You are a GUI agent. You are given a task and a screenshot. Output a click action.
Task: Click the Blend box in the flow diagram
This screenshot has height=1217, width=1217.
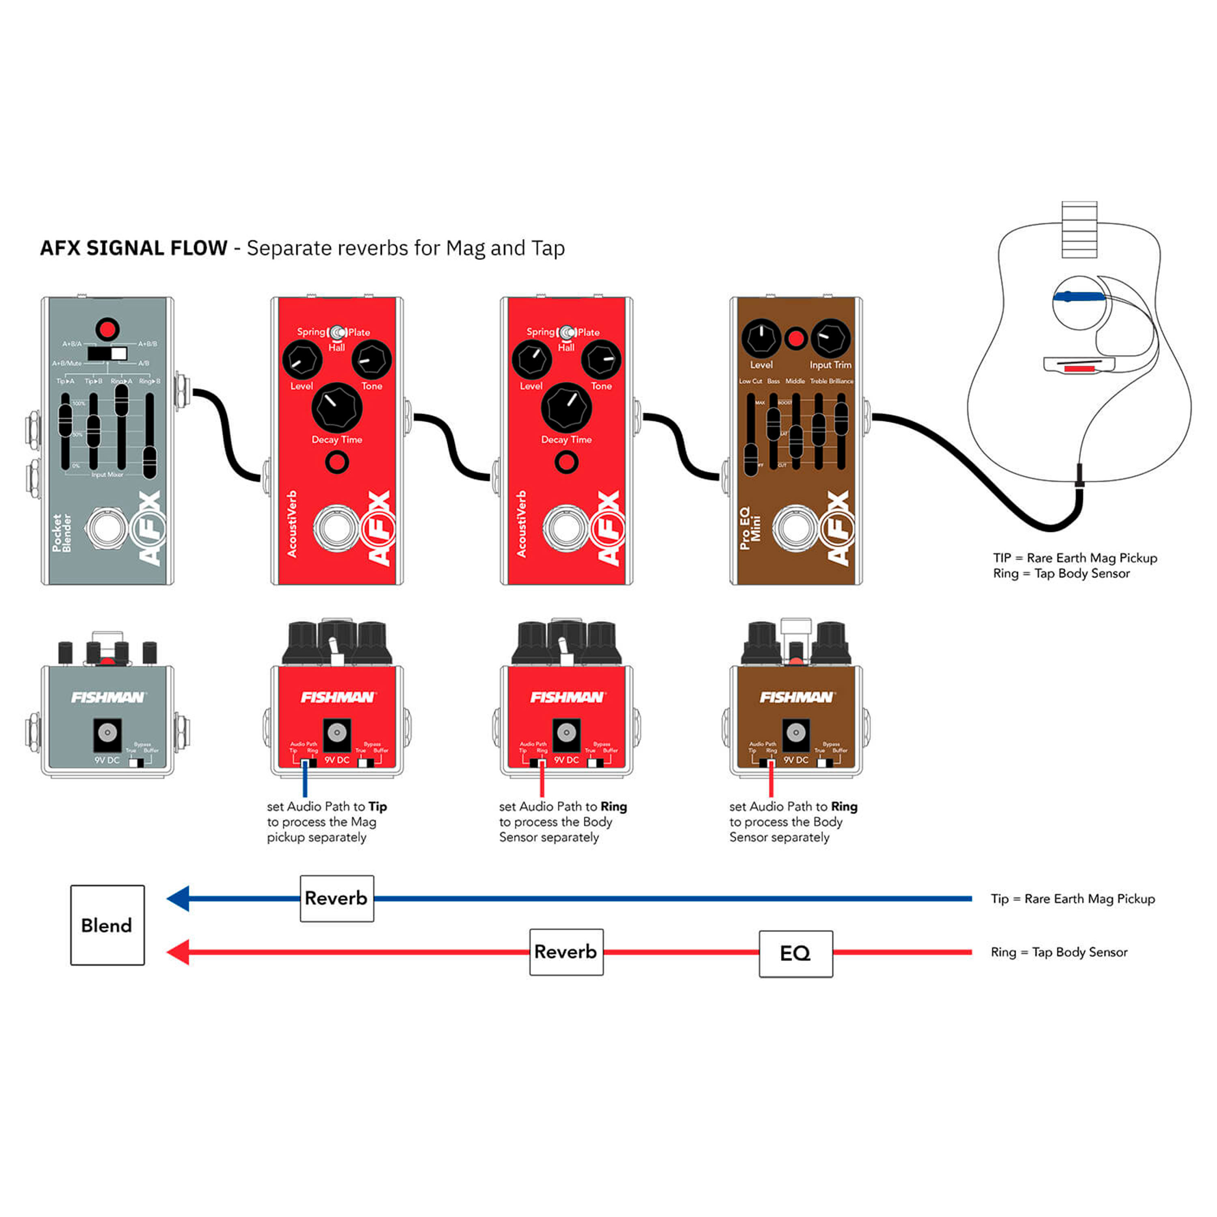[107, 925]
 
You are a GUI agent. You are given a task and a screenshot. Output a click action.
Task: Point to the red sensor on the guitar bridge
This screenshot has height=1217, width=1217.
[1079, 367]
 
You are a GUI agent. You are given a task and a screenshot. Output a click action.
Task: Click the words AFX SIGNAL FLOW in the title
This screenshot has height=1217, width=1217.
[133, 248]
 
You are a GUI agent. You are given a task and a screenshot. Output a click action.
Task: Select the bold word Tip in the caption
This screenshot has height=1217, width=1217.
[377, 806]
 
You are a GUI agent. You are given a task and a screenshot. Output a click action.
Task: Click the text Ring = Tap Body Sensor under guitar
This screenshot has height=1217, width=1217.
[1061, 573]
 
